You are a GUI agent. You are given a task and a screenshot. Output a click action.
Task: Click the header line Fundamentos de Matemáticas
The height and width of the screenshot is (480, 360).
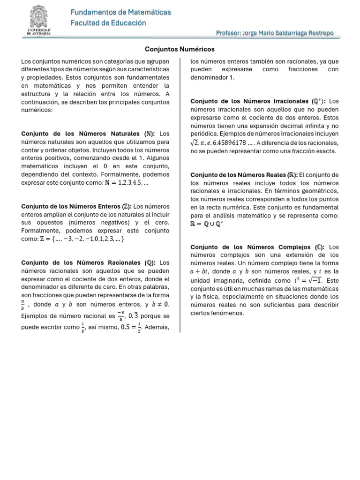pos(120,12)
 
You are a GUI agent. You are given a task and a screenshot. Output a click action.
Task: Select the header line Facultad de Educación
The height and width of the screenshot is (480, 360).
pos(108,23)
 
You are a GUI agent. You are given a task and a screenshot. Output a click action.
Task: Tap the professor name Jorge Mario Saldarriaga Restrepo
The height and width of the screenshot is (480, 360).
pos(275,33)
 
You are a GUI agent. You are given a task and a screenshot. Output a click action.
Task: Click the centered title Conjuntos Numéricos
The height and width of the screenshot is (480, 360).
pos(180,49)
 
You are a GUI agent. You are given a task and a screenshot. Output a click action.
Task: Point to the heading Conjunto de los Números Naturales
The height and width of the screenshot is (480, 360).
pos(89,134)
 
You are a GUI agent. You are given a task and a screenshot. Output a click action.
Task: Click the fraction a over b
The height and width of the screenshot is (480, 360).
pos(24,305)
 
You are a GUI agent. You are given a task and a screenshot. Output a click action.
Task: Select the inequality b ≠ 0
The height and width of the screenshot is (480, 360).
pos(160,305)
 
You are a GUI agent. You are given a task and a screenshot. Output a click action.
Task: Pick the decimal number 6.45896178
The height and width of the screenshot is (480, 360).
pos(230,143)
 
